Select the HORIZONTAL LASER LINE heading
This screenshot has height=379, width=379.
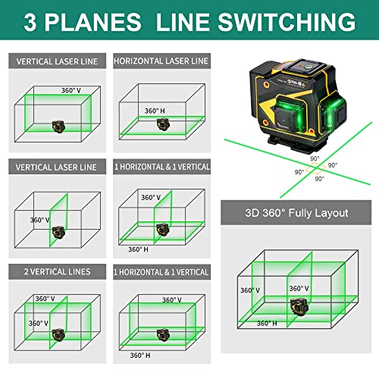tap(160, 60)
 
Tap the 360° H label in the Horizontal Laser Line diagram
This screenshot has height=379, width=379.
tap(155, 111)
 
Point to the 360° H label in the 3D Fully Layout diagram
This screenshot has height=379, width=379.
tap(266, 323)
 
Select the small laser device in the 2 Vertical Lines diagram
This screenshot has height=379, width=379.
tap(57, 334)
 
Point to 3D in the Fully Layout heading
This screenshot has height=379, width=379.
tap(246, 213)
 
